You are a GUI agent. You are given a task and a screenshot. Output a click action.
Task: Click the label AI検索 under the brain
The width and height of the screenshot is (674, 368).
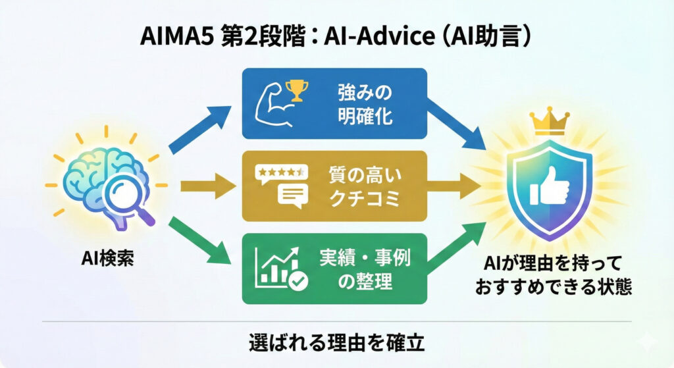pyautogui.click(x=107, y=259)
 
